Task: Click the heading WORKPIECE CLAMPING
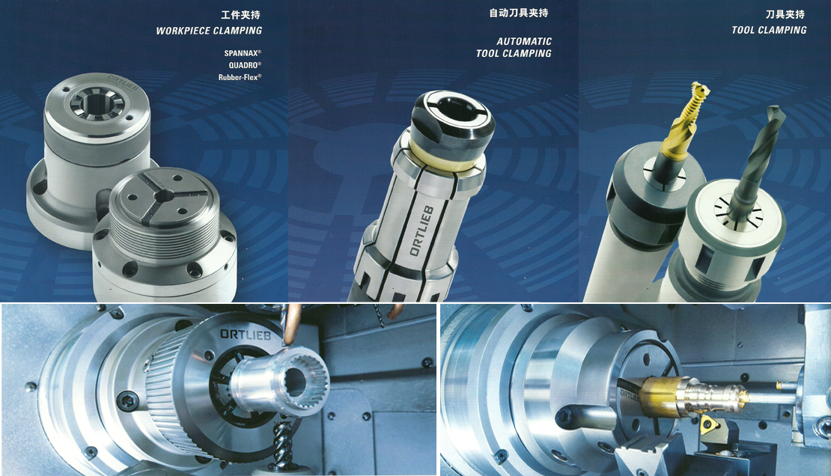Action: coord(209,31)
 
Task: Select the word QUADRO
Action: coord(243,65)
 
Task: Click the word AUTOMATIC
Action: coord(523,41)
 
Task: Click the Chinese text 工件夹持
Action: coord(240,14)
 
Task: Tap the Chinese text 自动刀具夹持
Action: coord(518,13)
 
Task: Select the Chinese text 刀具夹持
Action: coord(785,14)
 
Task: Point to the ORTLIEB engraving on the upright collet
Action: coord(421,231)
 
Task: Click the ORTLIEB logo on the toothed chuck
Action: coord(246,335)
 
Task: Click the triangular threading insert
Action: coord(709,424)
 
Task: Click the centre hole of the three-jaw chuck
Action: coord(164,195)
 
